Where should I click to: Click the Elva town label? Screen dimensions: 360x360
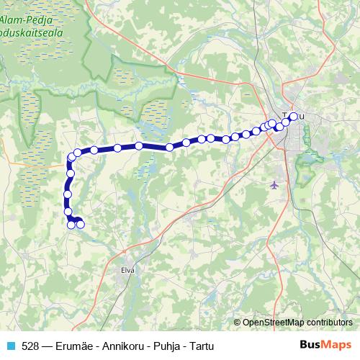click(x=129, y=271)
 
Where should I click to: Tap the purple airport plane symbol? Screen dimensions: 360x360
click(x=273, y=185)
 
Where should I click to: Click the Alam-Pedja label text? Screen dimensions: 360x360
click(x=32, y=20)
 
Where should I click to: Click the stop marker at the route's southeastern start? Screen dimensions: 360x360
click(x=81, y=225)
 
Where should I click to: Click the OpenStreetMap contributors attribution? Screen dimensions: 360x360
click(x=297, y=323)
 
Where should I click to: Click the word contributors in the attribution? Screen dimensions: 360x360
click(x=329, y=323)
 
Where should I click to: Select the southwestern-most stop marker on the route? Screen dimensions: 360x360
click(x=71, y=225)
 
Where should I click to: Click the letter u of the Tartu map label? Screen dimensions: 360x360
click(x=301, y=116)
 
